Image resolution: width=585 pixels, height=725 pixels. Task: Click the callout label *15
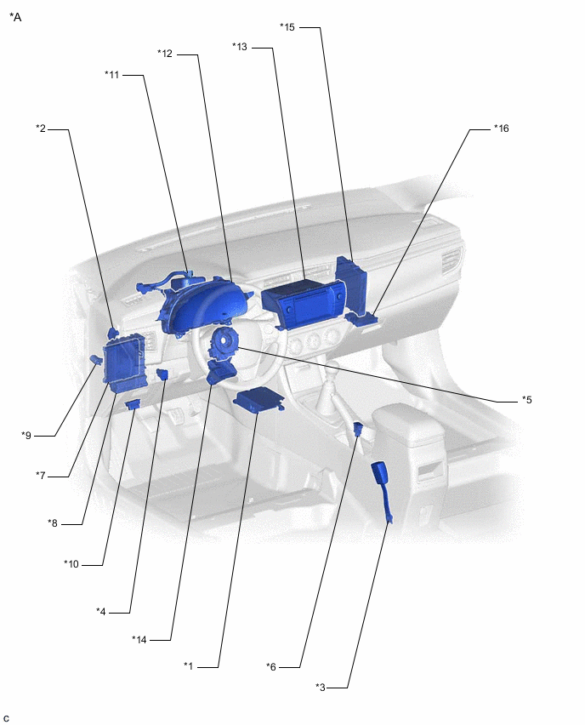(x=287, y=27)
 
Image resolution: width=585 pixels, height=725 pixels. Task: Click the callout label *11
(x=112, y=75)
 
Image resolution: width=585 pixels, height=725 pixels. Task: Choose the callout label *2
(x=41, y=128)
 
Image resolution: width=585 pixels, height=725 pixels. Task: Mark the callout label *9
(x=26, y=436)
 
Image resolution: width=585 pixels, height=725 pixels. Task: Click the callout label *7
(x=41, y=475)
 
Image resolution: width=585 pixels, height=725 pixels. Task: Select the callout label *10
(x=71, y=563)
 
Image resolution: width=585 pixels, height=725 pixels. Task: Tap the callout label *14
(x=139, y=639)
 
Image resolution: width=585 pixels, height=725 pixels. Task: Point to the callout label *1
(x=189, y=665)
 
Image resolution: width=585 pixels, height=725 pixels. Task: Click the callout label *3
(x=321, y=687)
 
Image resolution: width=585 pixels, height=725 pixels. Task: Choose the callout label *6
(x=271, y=666)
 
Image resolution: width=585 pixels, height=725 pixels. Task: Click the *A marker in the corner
(x=15, y=16)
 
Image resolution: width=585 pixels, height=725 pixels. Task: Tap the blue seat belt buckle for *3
(x=381, y=477)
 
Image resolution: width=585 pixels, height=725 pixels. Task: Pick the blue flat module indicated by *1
(x=258, y=400)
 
